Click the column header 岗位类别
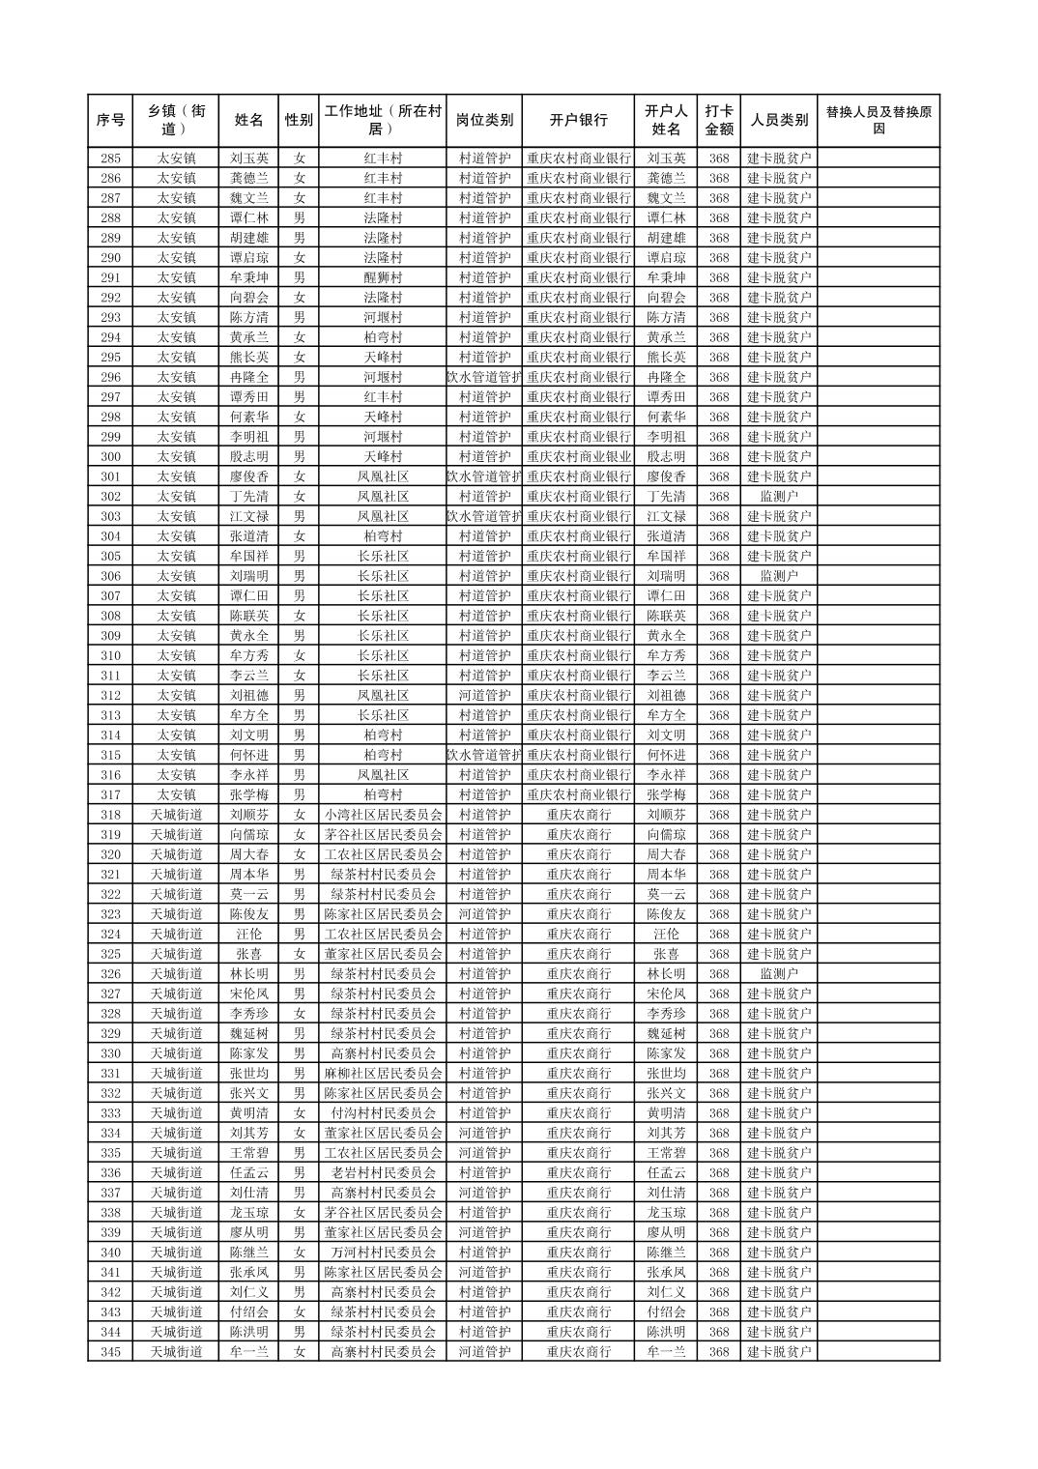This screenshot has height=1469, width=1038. [x=484, y=121]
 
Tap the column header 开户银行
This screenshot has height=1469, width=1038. [x=578, y=121]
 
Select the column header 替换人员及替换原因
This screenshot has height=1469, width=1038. [x=878, y=121]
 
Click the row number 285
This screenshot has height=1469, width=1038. [x=110, y=158]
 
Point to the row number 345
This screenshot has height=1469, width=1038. [x=110, y=1352]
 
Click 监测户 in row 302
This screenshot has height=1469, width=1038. [x=779, y=497]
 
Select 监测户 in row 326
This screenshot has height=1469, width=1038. [x=779, y=974]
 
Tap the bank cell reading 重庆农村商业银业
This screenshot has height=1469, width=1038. [x=578, y=457]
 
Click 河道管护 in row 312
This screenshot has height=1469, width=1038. [x=484, y=696]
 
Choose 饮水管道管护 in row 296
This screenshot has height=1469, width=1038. [x=484, y=378]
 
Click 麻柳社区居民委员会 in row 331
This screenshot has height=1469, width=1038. [x=383, y=1074]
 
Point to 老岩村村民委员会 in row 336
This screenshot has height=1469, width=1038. [x=383, y=1173]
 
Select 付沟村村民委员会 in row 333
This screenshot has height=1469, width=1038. [x=383, y=1113]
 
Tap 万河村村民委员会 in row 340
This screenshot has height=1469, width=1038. [x=383, y=1253]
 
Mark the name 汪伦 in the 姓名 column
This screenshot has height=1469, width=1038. [x=249, y=935]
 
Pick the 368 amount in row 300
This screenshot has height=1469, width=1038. [x=718, y=457]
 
